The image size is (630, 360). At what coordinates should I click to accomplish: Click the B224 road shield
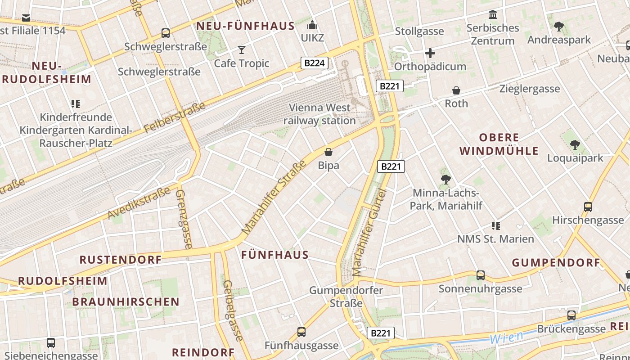pyautogui.click(x=314, y=63)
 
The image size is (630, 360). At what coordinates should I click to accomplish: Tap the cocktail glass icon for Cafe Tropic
pyautogui.click(x=242, y=49)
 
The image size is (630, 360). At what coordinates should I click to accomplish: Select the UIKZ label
pyautogui.click(x=312, y=37)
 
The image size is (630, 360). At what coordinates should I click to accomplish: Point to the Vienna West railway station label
pyautogui.click(x=319, y=114)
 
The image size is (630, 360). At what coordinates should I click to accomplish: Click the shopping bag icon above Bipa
pyautogui.click(x=328, y=152)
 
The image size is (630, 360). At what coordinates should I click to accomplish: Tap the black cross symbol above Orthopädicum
pyautogui.click(x=430, y=53)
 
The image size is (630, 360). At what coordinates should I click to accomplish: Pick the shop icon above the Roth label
pyautogui.click(x=456, y=90)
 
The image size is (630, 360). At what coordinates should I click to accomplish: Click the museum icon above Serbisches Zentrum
pyautogui.click(x=493, y=15)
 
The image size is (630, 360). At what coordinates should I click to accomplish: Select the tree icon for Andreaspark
pyautogui.click(x=559, y=27)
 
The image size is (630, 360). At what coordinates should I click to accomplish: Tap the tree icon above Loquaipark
pyautogui.click(x=575, y=144)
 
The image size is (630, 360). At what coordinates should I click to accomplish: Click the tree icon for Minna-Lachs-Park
pyautogui.click(x=445, y=180)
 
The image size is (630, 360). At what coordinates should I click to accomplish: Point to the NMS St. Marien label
pyautogui.click(x=495, y=239)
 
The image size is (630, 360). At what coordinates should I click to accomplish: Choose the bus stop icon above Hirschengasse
pyautogui.click(x=588, y=207)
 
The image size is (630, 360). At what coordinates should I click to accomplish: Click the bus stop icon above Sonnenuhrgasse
pyautogui.click(x=481, y=275)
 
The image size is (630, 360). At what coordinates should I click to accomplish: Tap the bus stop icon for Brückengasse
pyautogui.click(x=571, y=315)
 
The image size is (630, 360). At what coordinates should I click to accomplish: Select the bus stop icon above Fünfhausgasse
pyautogui.click(x=301, y=332)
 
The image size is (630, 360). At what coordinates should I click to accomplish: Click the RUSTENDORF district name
pyautogui.click(x=121, y=260)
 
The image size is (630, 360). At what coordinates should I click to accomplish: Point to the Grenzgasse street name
pyautogui.click(x=184, y=219)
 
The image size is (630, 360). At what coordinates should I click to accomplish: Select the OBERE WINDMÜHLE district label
pyautogui.click(x=499, y=144)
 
